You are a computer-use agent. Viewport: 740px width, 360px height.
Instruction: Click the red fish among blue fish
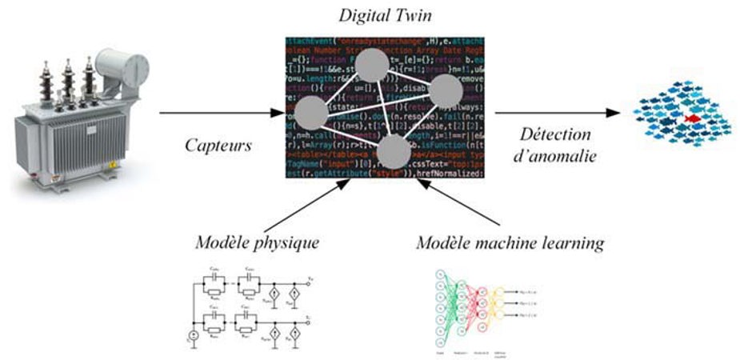[692, 119]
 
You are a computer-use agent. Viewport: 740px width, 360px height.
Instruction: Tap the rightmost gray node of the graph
[448, 93]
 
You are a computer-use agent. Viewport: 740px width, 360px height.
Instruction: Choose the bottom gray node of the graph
[394, 150]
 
